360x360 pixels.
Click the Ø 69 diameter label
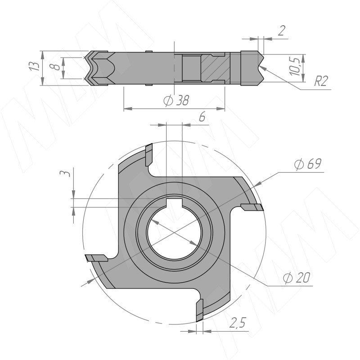(x=308, y=164)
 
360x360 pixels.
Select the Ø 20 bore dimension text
(x=297, y=278)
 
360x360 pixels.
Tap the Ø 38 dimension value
(x=176, y=100)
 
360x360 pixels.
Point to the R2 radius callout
(x=321, y=81)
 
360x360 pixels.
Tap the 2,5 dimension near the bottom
(x=238, y=322)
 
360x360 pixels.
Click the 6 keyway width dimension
(x=202, y=117)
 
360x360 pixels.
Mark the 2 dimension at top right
(x=282, y=30)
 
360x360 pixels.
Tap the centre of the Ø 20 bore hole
(x=175, y=233)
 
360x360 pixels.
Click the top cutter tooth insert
(x=149, y=155)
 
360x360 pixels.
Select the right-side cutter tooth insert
(x=252, y=207)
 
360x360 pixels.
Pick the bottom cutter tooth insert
(x=200, y=310)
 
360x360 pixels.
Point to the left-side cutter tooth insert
(x=97, y=258)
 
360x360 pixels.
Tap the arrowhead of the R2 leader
(x=262, y=68)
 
